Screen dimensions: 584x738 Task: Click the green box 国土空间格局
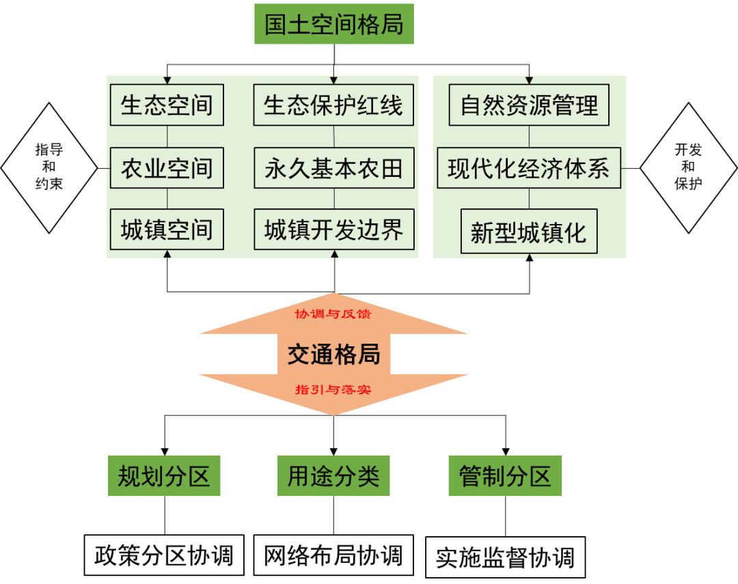click(x=334, y=25)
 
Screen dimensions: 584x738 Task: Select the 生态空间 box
click(x=167, y=105)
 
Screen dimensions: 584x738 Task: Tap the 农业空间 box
click(x=167, y=168)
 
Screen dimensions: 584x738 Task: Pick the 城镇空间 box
click(x=167, y=230)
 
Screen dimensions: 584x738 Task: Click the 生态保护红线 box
click(x=333, y=105)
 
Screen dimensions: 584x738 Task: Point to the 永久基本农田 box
click(x=333, y=168)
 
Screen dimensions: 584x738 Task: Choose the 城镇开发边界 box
click(x=333, y=230)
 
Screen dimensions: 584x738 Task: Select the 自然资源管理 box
click(x=529, y=105)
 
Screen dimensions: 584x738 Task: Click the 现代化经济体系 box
click(x=529, y=168)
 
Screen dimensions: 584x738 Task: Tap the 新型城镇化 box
click(x=529, y=233)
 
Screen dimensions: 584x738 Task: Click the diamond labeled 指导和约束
click(x=49, y=167)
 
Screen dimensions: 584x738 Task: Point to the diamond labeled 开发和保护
click(x=688, y=167)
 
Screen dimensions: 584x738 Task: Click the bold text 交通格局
click(x=333, y=354)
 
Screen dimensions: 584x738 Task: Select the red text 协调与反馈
click(x=333, y=315)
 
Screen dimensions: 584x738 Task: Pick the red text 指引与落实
click(x=333, y=390)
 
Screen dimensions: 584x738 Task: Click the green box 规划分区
click(x=164, y=475)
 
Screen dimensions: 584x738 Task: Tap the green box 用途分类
click(x=333, y=475)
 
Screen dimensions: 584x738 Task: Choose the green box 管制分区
click(x=505, y=475)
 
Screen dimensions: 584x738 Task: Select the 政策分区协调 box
click(x=164, y=556)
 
